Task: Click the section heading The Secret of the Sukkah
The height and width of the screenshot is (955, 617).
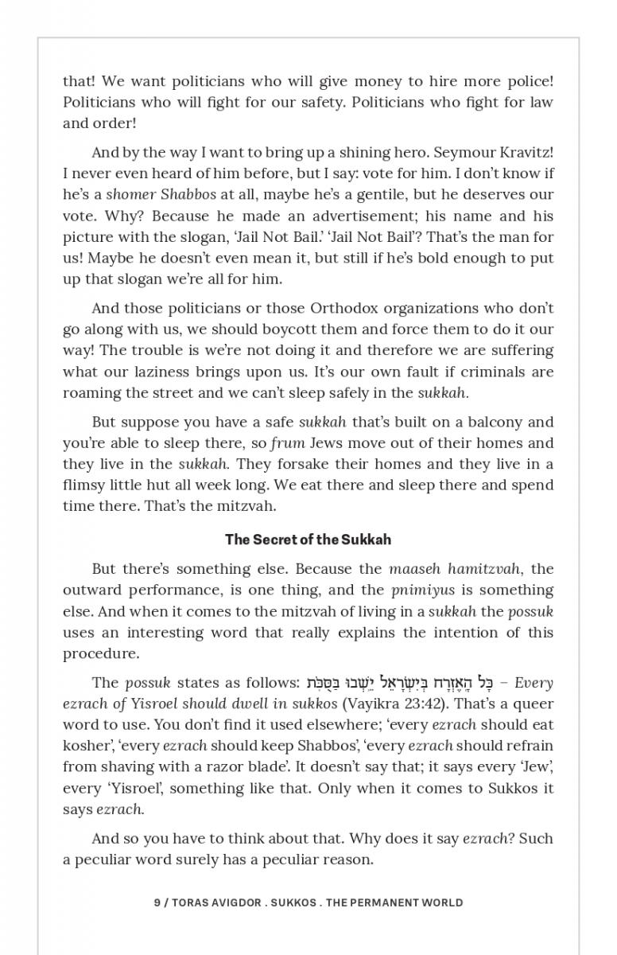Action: click(308, 540)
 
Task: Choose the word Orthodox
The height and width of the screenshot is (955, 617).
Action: click(354, 308)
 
